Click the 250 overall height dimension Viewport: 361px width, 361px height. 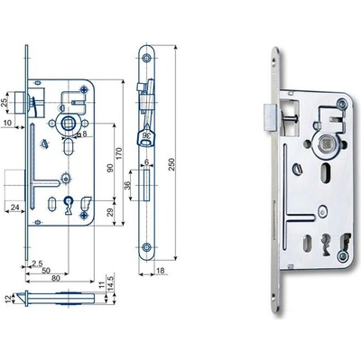[x=171, y=164]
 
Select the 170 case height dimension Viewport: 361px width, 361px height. [x=118, y=153]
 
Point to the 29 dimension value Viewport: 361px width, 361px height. [x=110, y=212]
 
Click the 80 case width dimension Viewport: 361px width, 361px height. [x=56, y=278]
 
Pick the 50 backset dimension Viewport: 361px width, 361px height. [x=46, y=271]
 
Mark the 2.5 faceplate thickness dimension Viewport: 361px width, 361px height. [x=37, y=264]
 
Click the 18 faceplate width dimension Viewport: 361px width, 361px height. [x=161, y=271]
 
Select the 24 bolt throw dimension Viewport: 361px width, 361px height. [x=15, y=208]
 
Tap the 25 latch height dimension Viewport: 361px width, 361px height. [x=5, y=103]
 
